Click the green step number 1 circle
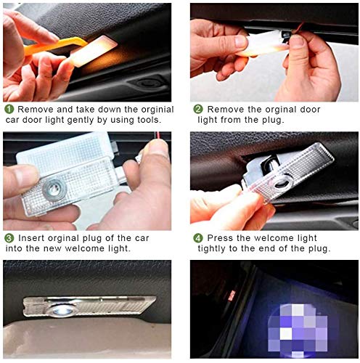(x=9, y=109)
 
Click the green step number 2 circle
(x=198, y=109)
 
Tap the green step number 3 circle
(x=9, y=238)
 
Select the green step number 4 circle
(x=198, y=238)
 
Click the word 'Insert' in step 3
(x=31, y=238)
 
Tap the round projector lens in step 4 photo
(x=282, y=183)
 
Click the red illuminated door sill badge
(x=232, y=295)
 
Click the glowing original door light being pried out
(x=92, y=52)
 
